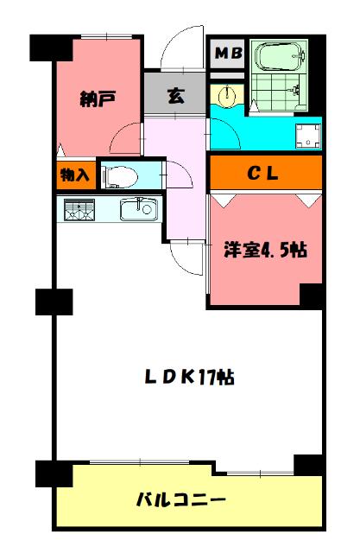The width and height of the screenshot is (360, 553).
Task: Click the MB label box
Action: coord(228,53)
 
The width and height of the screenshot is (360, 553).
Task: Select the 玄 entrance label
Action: coord(175,96)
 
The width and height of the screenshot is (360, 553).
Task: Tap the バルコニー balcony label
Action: coord(181,499)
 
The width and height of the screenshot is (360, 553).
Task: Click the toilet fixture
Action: coord(121,176)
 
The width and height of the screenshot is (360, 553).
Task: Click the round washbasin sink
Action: coord(227,96)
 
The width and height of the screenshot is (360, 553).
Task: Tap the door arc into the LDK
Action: coord(186,255)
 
